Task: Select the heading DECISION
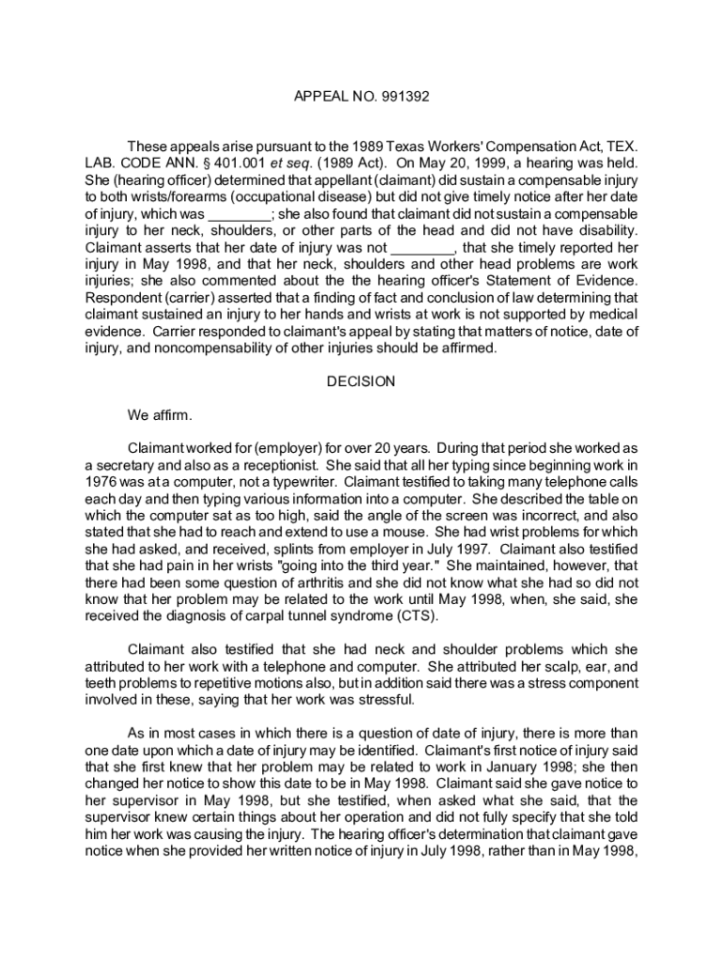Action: pos(361,382)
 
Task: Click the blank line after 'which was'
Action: pos(238,215)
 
